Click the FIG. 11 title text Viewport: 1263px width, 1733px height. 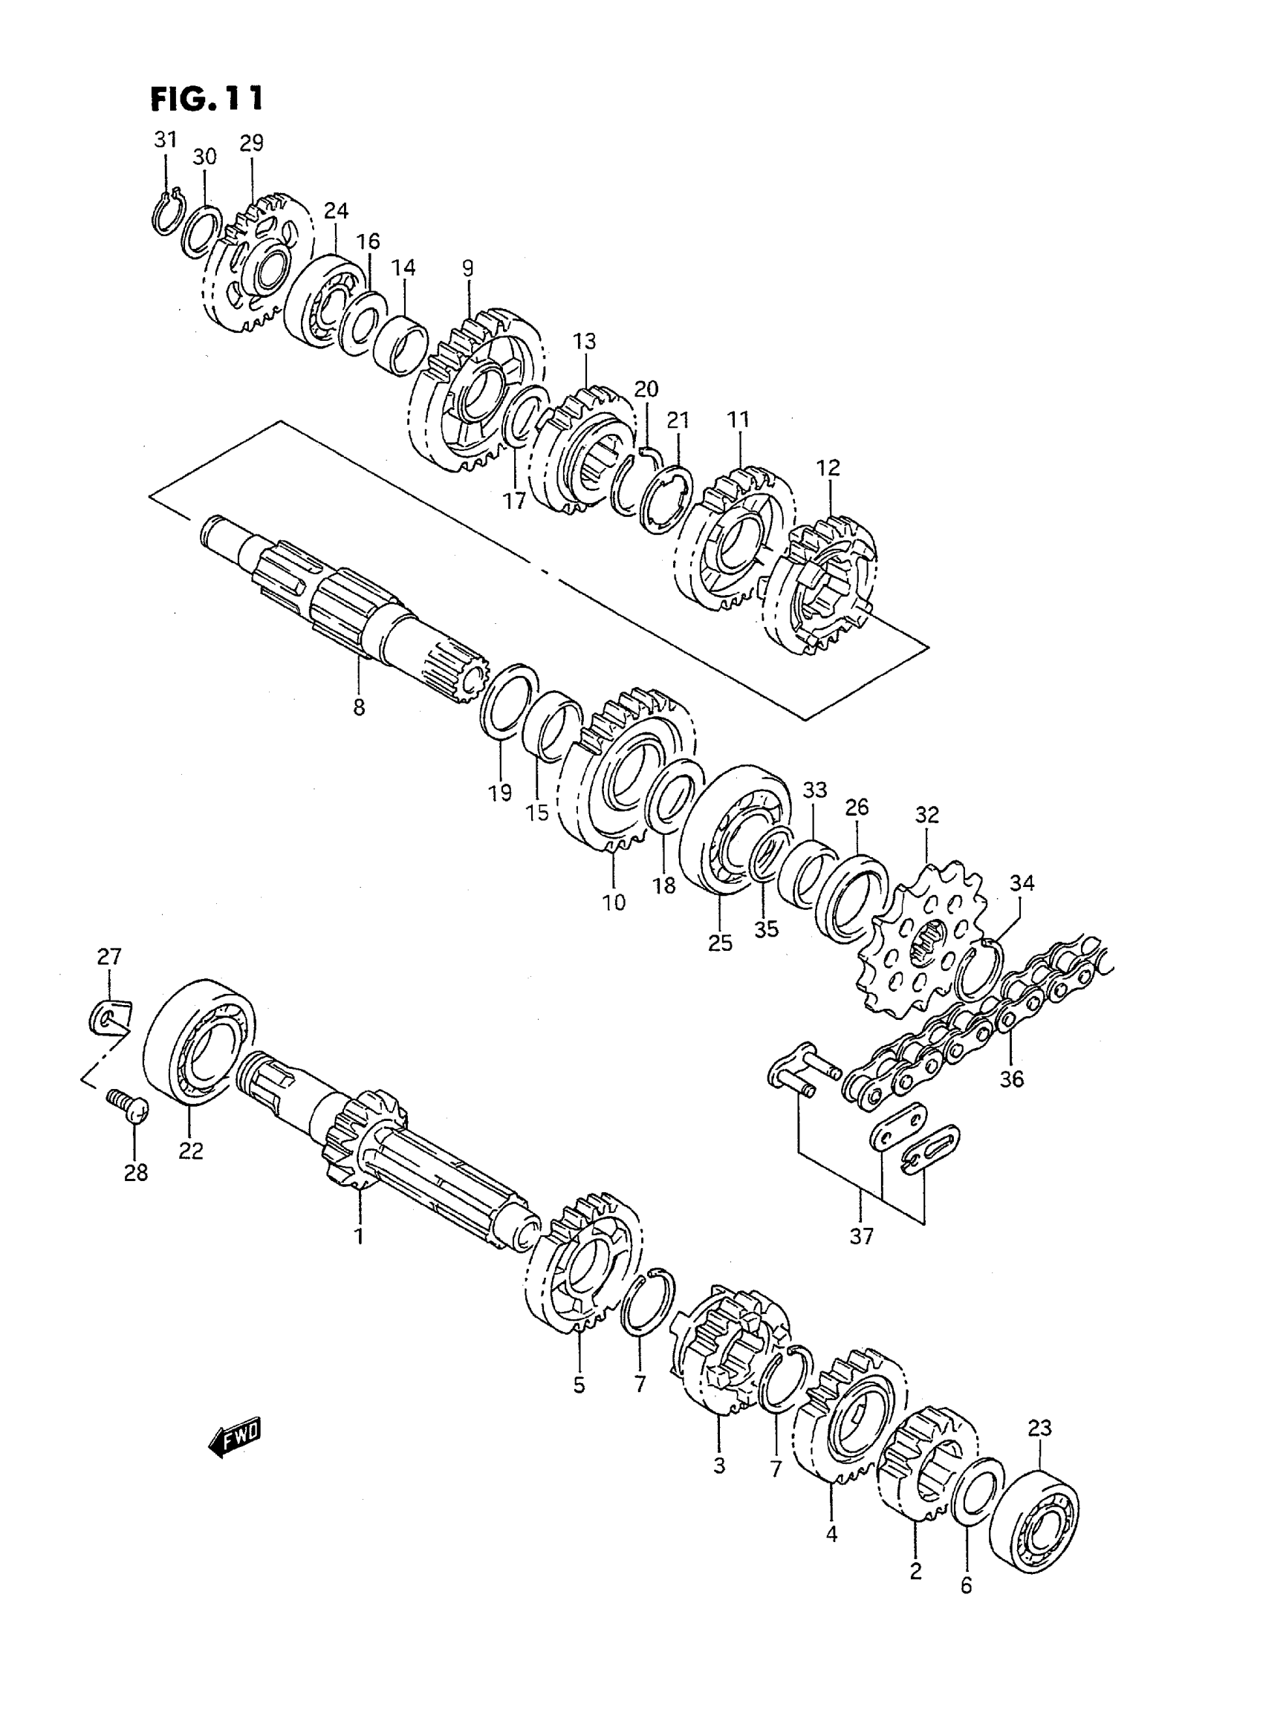click(x=207, y=99)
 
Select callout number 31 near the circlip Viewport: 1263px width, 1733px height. click(x=166, y=140)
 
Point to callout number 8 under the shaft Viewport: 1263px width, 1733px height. click(x=360, y=708)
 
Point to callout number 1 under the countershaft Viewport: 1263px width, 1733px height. click(x=359, y=1235)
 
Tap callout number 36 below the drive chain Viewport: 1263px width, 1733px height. click(x=1011, y=1079)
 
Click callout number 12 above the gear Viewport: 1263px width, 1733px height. click(x=828, y=468)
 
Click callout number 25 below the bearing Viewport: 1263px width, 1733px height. click(x=720, y=943)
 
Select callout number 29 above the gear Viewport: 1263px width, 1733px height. click(x=251, y=143)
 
